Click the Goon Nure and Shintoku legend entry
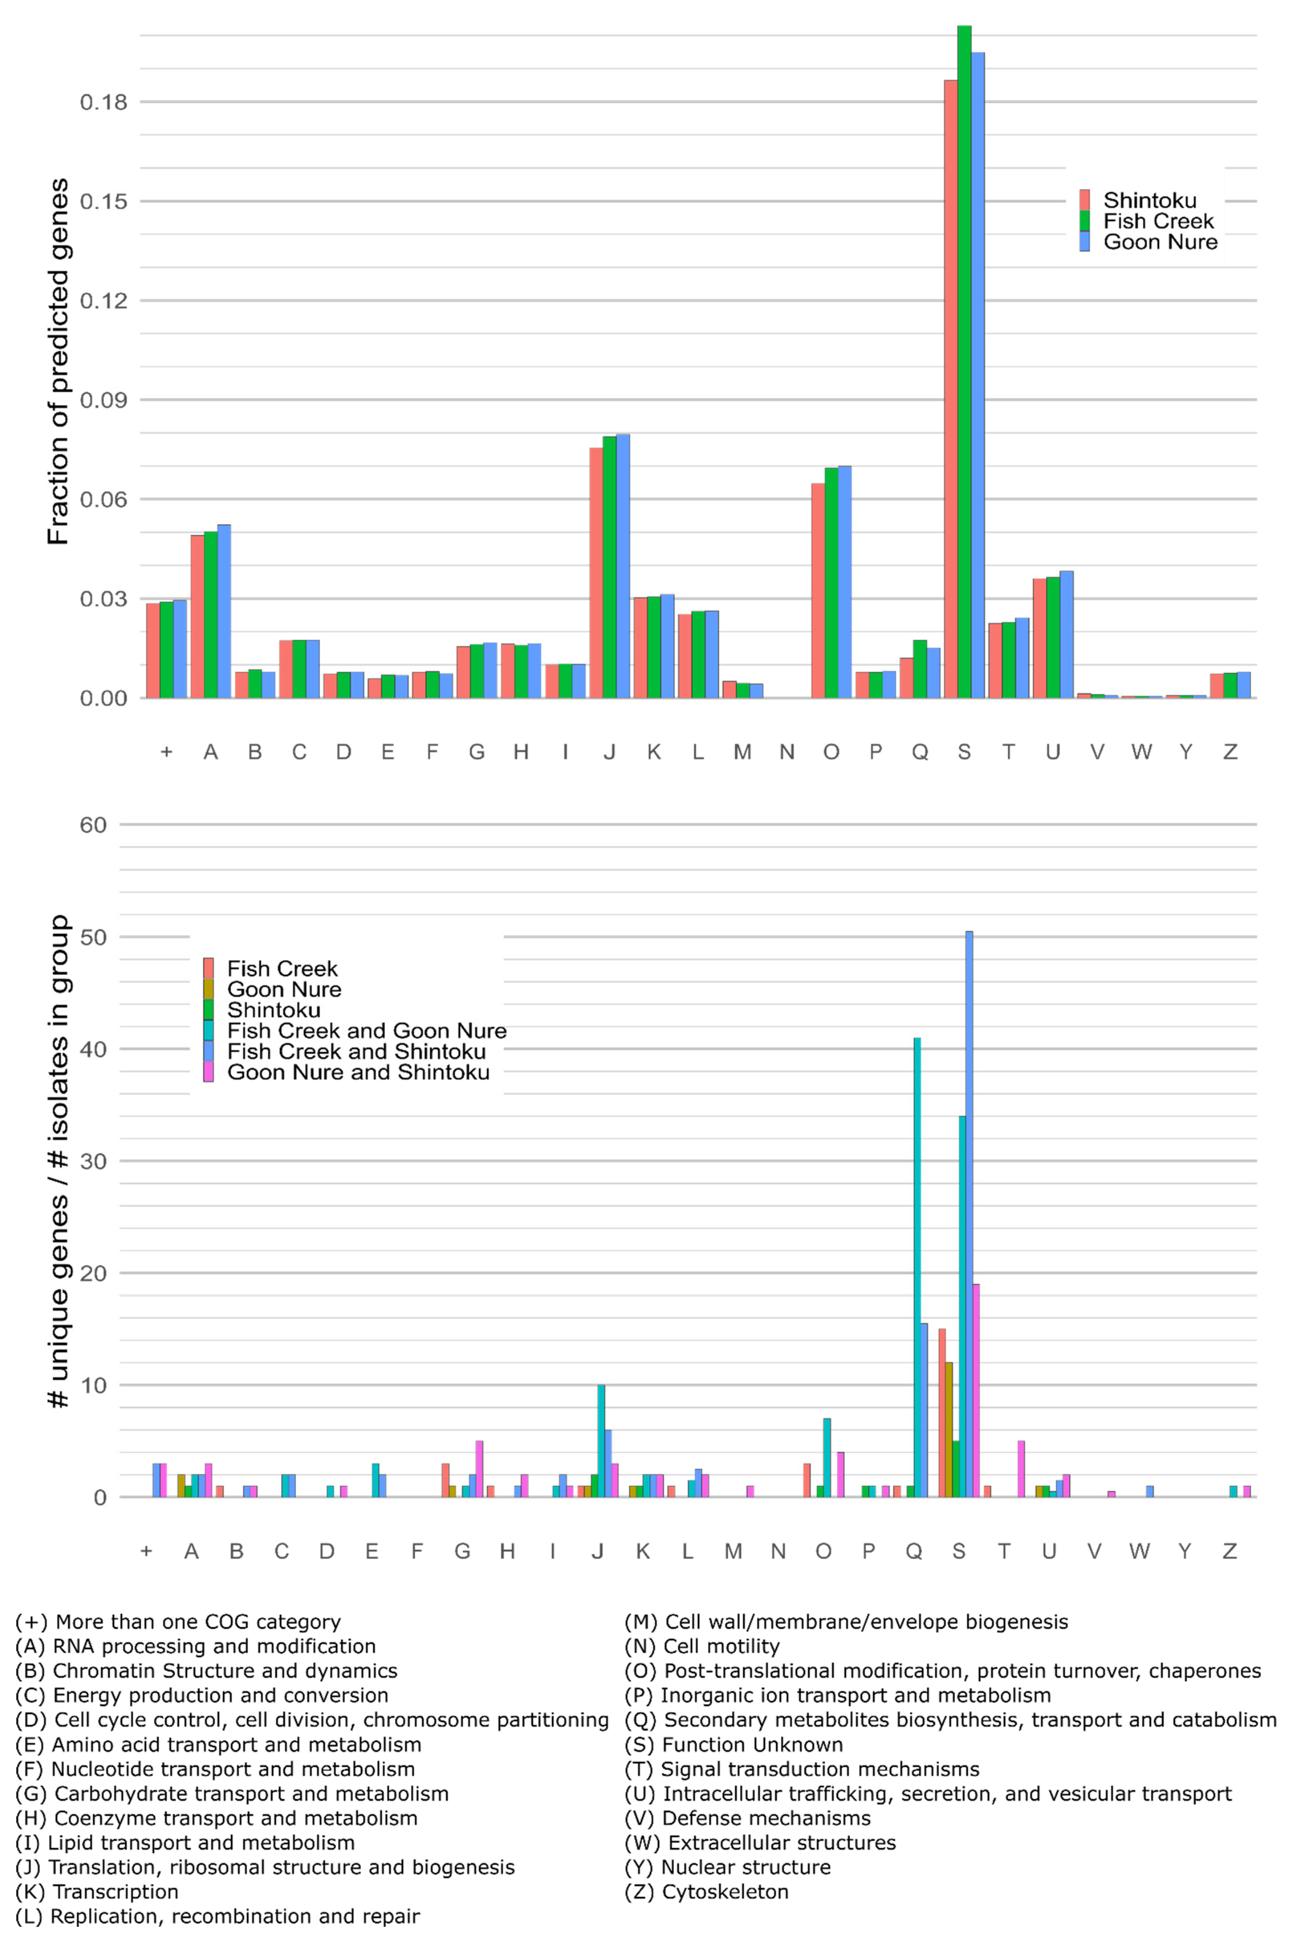pyautogui.click(x=358, y=1072)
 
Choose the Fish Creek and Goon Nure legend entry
pyautogui.click(x=367, y=1031)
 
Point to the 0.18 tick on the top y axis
pyautogui.click(x=104, y=102)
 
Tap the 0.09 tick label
pyautogui.click(x=104, y=400)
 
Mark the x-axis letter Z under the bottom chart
pyautogui.click(x=1229, y=1551)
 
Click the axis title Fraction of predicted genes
pyautogui.click(x=58, y=363)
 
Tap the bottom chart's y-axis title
pyautogui.click(x=58, y=1162)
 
